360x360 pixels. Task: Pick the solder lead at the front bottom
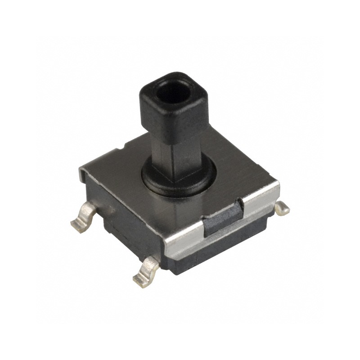[x=146, y=272]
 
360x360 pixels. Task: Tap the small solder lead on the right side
[x=282, y=207]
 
